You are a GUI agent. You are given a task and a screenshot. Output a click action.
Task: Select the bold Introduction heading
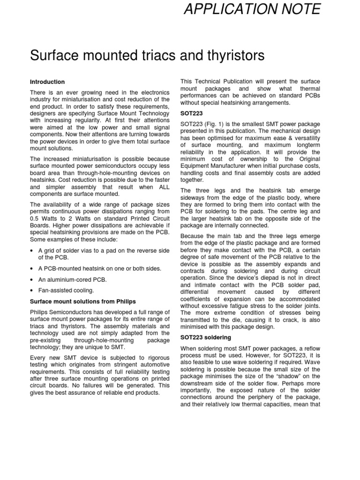coord(47,82)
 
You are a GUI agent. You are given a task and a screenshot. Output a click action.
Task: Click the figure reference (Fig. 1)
coord(211,123)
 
